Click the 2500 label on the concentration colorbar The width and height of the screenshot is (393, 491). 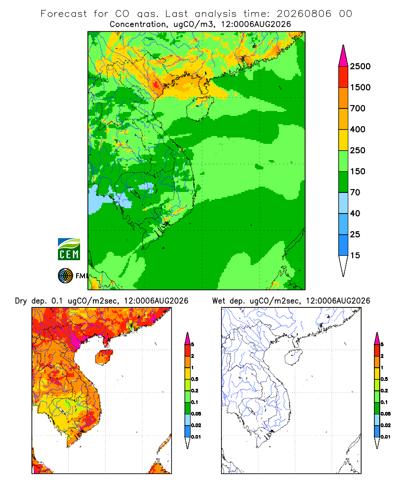click(360, 66)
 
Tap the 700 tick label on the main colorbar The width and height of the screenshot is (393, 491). click(358, 109)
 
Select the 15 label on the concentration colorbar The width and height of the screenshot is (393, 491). click(355, 255)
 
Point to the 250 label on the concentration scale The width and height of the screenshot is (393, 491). click(358, 150)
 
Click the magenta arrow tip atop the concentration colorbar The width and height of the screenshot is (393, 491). click(343, 56)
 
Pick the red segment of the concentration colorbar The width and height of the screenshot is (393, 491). click(343, 77)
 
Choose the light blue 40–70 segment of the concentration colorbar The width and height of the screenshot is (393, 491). click(343, 203)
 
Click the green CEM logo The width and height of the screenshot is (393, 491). click(69, 249)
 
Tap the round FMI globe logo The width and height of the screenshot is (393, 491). click(65, 276)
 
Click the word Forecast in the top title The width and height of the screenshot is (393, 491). click(64, 14)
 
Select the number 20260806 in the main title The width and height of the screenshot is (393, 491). click(304, 14)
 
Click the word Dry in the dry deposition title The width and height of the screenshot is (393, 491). click(21, 301)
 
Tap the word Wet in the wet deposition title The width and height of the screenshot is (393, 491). click(219, 301)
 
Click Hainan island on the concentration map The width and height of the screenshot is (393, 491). click(199, 109)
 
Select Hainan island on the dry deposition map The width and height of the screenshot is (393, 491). click(104, 356)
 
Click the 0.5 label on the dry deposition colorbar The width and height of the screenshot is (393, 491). click(195, 379)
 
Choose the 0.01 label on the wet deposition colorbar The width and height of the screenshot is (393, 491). click(386, 437)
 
